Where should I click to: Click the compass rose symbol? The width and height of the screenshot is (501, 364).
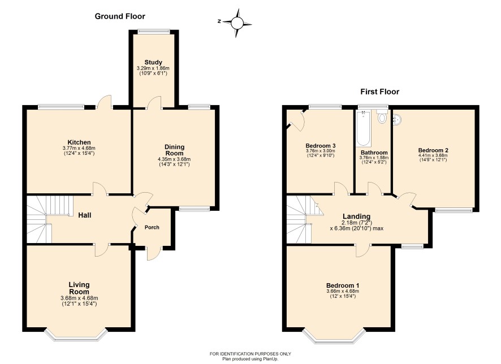237,23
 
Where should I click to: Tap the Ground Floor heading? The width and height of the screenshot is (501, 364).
120,16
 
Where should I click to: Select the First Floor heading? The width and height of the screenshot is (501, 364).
380,92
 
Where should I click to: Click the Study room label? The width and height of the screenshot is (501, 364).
153,62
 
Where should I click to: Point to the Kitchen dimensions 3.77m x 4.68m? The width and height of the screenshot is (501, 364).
79,148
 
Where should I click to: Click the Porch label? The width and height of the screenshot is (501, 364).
152,227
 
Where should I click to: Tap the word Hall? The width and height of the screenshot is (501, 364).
85,215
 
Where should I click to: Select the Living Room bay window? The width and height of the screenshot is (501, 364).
76,335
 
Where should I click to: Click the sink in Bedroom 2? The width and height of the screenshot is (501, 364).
397,119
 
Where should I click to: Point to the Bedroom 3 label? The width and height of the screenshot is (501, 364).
321,146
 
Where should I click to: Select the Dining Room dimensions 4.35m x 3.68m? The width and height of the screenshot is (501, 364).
174,159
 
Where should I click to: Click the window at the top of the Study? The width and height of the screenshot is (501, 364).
154,31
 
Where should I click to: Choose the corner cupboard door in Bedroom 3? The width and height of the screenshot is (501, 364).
296,121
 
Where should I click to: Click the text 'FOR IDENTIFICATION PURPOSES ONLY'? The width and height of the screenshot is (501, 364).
250,354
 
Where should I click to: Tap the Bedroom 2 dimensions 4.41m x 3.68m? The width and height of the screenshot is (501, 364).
433,155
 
